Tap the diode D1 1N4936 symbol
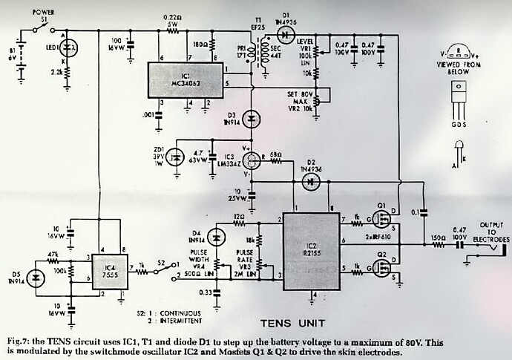pos(289,32)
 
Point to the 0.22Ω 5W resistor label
pos(172,20)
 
